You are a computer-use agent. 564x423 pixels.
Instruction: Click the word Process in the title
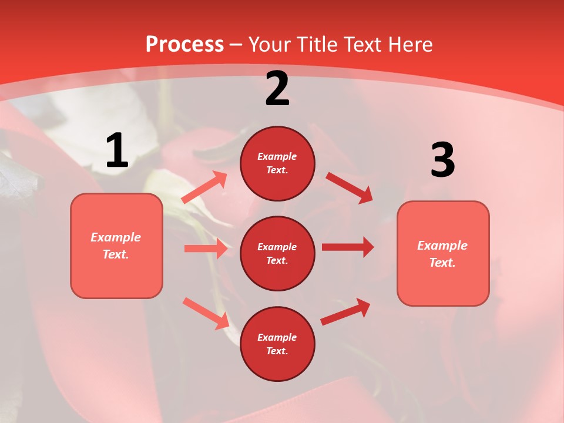[184, 45]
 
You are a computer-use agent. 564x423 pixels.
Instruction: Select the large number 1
[117, 151]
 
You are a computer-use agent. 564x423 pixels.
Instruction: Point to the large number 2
[277, 89]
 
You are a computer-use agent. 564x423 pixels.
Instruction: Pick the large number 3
[442, 160]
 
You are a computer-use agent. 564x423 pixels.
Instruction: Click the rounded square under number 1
[116, 246]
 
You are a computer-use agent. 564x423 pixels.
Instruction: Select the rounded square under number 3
[443, 254]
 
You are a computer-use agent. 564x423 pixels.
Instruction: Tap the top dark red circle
[277, 163]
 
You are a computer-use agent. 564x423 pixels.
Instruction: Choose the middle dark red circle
[277, 253]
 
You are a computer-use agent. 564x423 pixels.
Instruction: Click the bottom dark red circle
[277, 344]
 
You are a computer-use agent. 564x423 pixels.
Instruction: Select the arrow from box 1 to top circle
[204, 187]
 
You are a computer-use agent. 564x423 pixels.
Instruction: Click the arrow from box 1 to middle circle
[205, 249]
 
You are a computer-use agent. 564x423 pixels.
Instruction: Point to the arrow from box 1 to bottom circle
[205, 313]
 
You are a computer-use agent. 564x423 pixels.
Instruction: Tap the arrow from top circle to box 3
[349, 187]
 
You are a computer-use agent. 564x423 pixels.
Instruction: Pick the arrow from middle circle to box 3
[348, 247]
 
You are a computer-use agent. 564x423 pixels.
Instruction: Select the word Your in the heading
[270, 45]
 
